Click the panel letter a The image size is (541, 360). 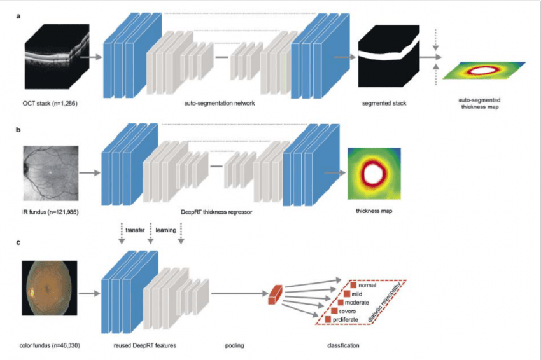point(18,16)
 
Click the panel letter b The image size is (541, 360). point(18,130)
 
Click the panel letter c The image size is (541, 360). point(18,242)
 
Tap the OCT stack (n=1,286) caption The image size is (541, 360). point(50,103)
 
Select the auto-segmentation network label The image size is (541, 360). point(220,103)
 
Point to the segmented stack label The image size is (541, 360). point(384,103)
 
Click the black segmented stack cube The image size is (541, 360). point(389,56)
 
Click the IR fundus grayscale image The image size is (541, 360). point(51,173)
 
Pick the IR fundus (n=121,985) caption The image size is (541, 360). point(50,212)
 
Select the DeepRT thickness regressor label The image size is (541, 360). point(216,212)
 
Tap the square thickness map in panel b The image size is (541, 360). point(374,174)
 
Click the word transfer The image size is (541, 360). point(135,230)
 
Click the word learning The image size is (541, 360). point(165,230)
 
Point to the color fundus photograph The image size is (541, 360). point(50,288)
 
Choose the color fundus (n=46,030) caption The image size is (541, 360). point(50,345)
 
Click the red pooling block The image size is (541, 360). point(276,295)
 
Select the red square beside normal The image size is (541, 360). point(353,286)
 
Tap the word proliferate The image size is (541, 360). point(346,320)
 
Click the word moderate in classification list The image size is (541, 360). point(357,302)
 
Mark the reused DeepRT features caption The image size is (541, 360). point(144,345)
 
